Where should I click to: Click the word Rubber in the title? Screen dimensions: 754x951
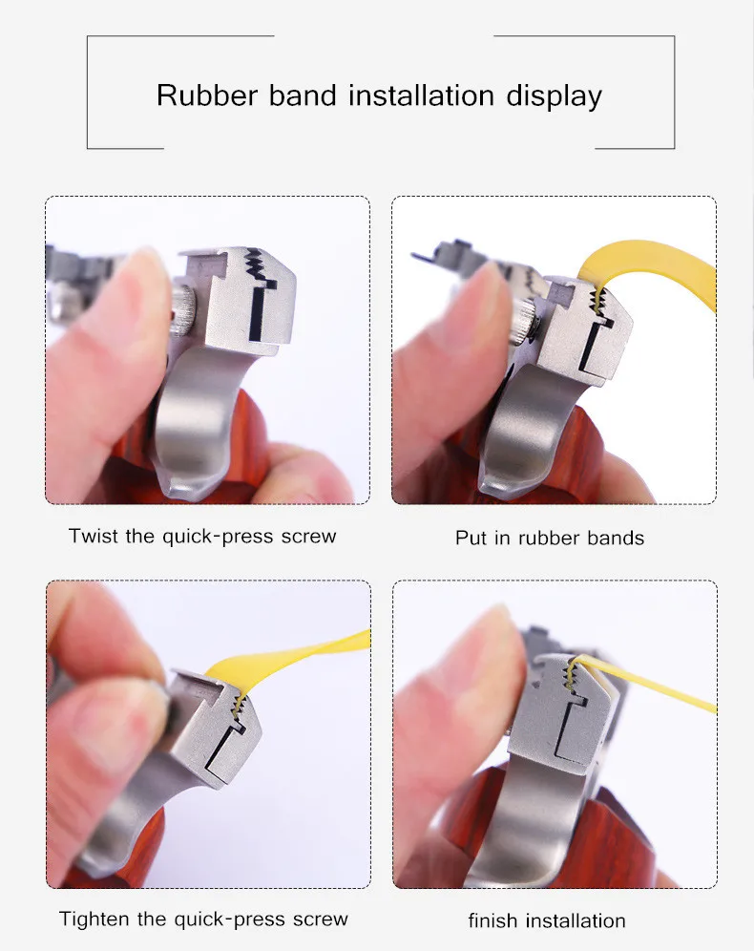tap(207, 95)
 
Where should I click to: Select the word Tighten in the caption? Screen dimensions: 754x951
tap(94, 919)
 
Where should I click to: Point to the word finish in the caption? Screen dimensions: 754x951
tap(492, 920)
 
